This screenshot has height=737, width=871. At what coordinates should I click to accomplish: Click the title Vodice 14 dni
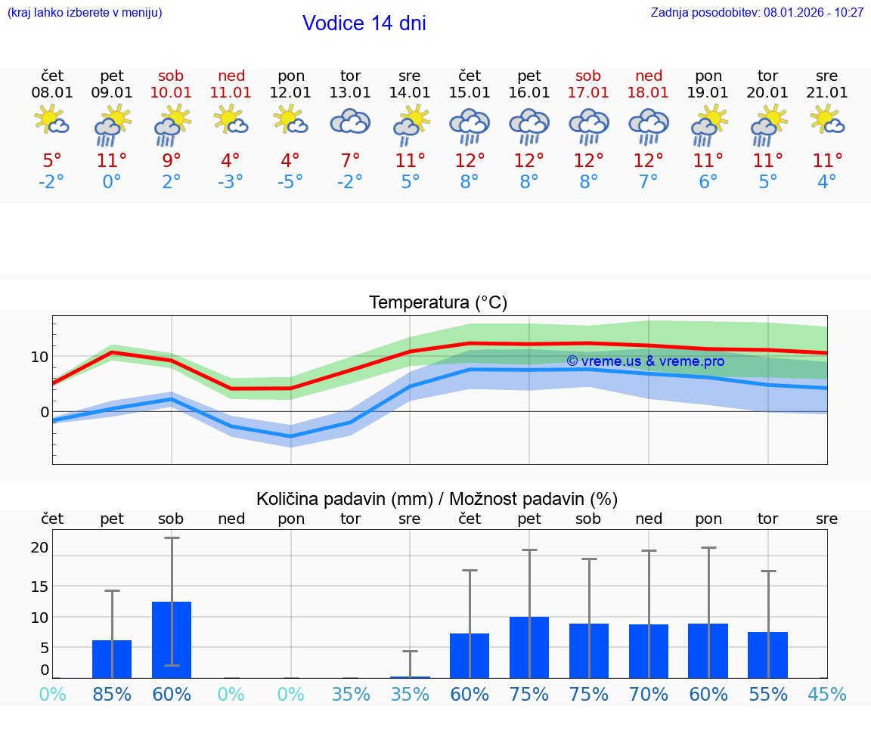(x=364, y=23)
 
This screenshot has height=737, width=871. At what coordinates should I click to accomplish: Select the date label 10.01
(x=172, y=93)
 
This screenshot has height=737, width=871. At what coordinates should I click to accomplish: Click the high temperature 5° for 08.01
(x=52, y=161)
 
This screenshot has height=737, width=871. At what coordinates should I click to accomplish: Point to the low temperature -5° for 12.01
(x=290, y=182)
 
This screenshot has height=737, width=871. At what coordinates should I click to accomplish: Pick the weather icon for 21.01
(x=827, y=120)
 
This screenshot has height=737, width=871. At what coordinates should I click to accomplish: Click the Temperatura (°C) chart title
(x=438, y=303)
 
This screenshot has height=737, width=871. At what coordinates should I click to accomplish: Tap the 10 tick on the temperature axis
(x=39, y=357)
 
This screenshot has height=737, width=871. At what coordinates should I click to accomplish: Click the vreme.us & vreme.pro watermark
(x=645, y=361)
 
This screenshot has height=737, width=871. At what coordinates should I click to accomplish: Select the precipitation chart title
(x=437, y=499)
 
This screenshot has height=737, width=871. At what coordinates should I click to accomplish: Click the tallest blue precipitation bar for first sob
(x=172, y=639)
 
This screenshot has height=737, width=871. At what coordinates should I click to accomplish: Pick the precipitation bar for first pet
(x=112, y=659)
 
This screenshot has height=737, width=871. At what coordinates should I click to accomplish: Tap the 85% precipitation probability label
(x=112, y=695)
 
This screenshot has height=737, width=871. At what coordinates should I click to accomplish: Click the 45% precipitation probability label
(x=827, y=695)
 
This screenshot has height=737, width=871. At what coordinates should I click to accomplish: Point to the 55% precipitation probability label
(x=768, y=695)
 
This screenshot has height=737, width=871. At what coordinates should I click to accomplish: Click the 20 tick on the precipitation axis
(x=39, y=548)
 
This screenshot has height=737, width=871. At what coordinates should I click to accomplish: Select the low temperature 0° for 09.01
(x=112, y=182)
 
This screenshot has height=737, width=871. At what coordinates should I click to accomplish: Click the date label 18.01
(x=648, y=93)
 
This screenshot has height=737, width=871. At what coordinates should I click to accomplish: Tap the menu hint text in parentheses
(x=85, y=13)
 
